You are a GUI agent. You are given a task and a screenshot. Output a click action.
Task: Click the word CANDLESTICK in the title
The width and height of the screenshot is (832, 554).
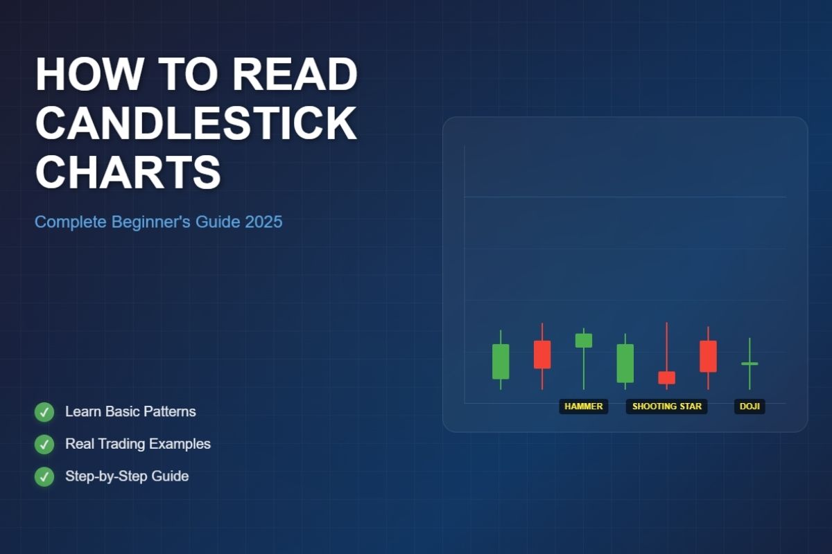196,123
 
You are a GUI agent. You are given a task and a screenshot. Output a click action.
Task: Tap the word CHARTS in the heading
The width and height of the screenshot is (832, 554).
128,172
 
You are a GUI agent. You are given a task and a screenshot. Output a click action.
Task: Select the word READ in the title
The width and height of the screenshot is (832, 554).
295,74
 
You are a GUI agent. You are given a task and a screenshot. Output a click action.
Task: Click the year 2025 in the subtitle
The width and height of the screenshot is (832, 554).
263,222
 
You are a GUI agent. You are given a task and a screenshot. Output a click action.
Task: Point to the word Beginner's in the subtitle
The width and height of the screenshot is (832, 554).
151,222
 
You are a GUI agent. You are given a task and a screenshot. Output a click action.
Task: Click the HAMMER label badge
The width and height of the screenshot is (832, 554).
584,406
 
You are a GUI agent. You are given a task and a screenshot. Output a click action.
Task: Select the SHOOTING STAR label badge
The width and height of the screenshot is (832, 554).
667,406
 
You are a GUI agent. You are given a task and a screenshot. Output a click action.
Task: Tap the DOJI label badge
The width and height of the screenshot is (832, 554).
749,406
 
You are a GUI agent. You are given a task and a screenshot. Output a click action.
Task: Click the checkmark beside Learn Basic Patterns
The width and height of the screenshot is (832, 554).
44,412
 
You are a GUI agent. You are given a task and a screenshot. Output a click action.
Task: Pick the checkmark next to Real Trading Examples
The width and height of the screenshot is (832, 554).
44,444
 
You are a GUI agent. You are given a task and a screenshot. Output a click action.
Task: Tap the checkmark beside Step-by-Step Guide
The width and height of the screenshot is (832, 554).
44,476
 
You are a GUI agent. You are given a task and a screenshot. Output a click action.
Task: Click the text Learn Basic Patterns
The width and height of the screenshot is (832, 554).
130,411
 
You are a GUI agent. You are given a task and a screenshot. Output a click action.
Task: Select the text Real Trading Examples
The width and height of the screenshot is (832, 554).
138,444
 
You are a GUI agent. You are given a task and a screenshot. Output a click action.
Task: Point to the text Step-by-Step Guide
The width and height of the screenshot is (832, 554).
127,476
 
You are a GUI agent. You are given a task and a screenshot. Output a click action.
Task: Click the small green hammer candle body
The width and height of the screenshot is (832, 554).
584,340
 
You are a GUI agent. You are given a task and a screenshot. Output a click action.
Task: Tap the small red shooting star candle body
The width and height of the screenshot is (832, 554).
667,377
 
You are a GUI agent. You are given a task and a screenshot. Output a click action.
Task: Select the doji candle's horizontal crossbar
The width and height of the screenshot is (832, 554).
749,364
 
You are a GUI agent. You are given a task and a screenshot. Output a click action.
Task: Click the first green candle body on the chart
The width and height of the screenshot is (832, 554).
501,361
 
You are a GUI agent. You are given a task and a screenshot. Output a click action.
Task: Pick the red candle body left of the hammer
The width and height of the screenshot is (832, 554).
542,355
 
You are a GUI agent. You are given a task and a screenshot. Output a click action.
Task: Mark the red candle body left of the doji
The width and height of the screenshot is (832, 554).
709,356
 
